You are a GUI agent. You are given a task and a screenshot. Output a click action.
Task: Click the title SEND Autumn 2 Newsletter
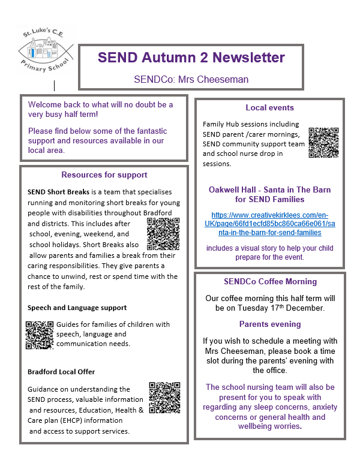pos(191,58)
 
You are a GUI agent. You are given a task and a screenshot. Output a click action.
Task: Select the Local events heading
pos(269,108)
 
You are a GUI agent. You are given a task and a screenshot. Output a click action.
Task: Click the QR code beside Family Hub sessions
pos(323,143)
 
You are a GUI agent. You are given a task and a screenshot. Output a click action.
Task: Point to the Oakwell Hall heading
pos(269,194)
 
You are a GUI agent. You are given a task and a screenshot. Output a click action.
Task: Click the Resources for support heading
pos(104,175)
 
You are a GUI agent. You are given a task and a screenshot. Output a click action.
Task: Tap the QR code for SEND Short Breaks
pos(163,233)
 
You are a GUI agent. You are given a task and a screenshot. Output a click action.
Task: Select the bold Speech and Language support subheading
pos(77,308)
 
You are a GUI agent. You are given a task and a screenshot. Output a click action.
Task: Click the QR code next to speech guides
pos(40,335)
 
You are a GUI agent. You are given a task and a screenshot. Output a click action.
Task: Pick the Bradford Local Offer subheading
pos(61,372)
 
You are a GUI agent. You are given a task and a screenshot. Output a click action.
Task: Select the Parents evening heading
pos(270,324)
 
